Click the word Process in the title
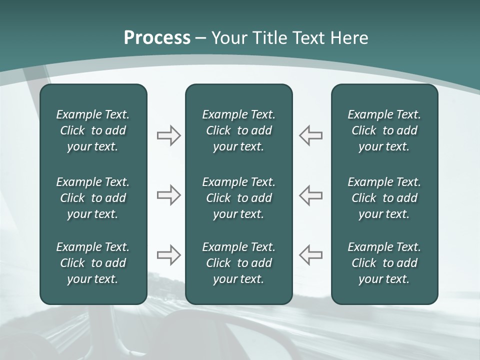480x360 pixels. (157, 38)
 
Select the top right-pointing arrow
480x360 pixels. (169, 135)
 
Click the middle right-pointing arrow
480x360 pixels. (169, 195)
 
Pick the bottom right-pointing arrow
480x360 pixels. (169, 255)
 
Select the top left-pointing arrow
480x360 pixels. (310, 135)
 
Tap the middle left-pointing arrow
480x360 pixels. (310, 195)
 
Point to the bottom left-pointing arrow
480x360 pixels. (310, 255)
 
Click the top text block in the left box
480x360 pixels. (93, 130)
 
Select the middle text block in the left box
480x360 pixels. (93, 198)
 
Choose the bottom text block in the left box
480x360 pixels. (93, 263)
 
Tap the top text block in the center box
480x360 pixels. (238, 130)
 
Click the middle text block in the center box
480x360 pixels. (238, 198)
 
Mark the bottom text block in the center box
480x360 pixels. (238, 263)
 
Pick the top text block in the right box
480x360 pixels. (384, 130)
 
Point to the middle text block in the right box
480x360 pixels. (384, 198)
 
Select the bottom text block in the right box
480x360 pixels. (384, 263)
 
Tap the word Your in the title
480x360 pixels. (228, 38)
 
